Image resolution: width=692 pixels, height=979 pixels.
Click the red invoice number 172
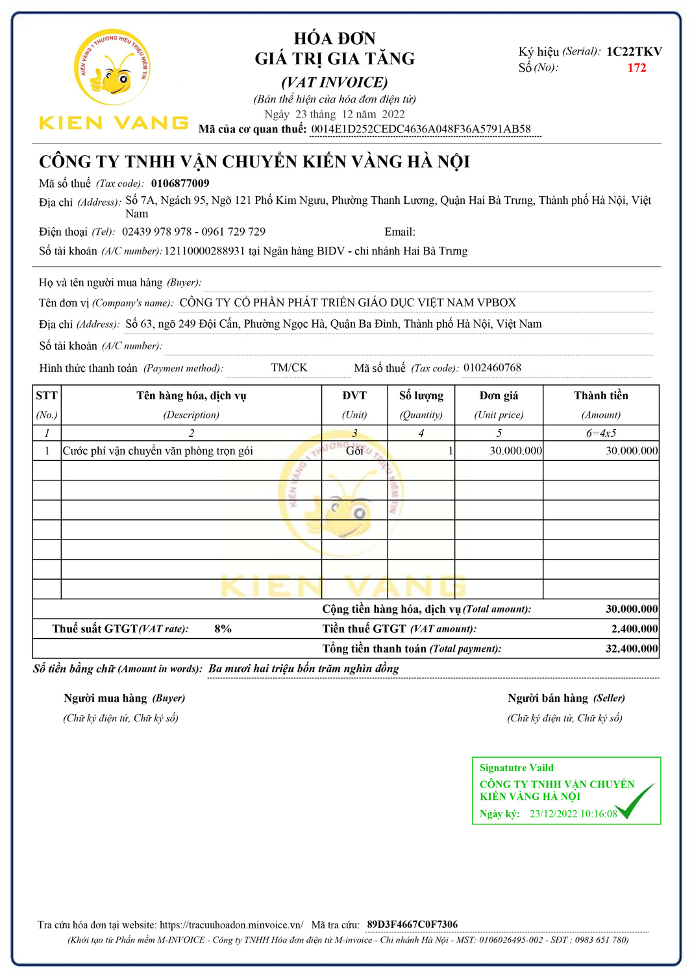point(636,68)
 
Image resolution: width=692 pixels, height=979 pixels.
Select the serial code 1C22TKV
point(634,52)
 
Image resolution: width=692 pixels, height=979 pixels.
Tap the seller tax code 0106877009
point(180,184)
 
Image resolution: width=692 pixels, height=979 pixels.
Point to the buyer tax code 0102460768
point(492,368)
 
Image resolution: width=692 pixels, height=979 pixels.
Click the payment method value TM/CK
point(289,368)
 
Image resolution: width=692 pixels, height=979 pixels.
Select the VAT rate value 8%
point(223,629)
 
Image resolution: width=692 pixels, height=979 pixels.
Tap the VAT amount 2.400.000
point(634,629)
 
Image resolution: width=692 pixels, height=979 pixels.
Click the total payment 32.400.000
point(631,649)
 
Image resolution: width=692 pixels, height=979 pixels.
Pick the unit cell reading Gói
point(354,451)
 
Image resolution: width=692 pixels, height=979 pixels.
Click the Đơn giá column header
point(499,396)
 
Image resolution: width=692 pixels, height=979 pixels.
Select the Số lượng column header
point(421,396)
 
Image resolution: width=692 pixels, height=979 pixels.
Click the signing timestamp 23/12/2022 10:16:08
point(573,814)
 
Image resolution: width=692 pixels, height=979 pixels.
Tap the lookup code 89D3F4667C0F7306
point(412,924)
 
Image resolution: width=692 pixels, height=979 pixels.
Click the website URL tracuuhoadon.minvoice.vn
point(231,925)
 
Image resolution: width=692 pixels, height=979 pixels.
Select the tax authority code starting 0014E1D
point(421,129)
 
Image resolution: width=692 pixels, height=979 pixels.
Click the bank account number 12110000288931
point(204,251)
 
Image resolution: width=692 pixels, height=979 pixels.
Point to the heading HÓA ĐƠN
point(334,38)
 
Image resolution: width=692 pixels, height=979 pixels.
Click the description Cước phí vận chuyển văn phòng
point(158,451)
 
